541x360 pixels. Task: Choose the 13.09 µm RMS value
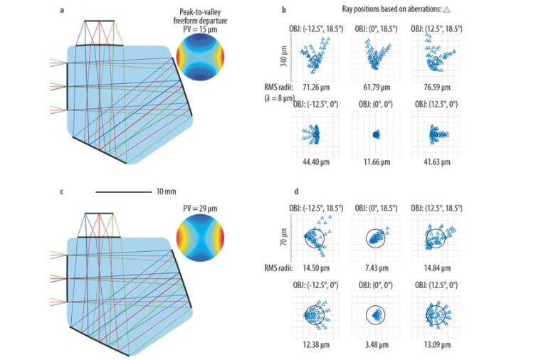click(434, 345)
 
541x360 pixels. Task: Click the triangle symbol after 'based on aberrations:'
click(446, 11)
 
